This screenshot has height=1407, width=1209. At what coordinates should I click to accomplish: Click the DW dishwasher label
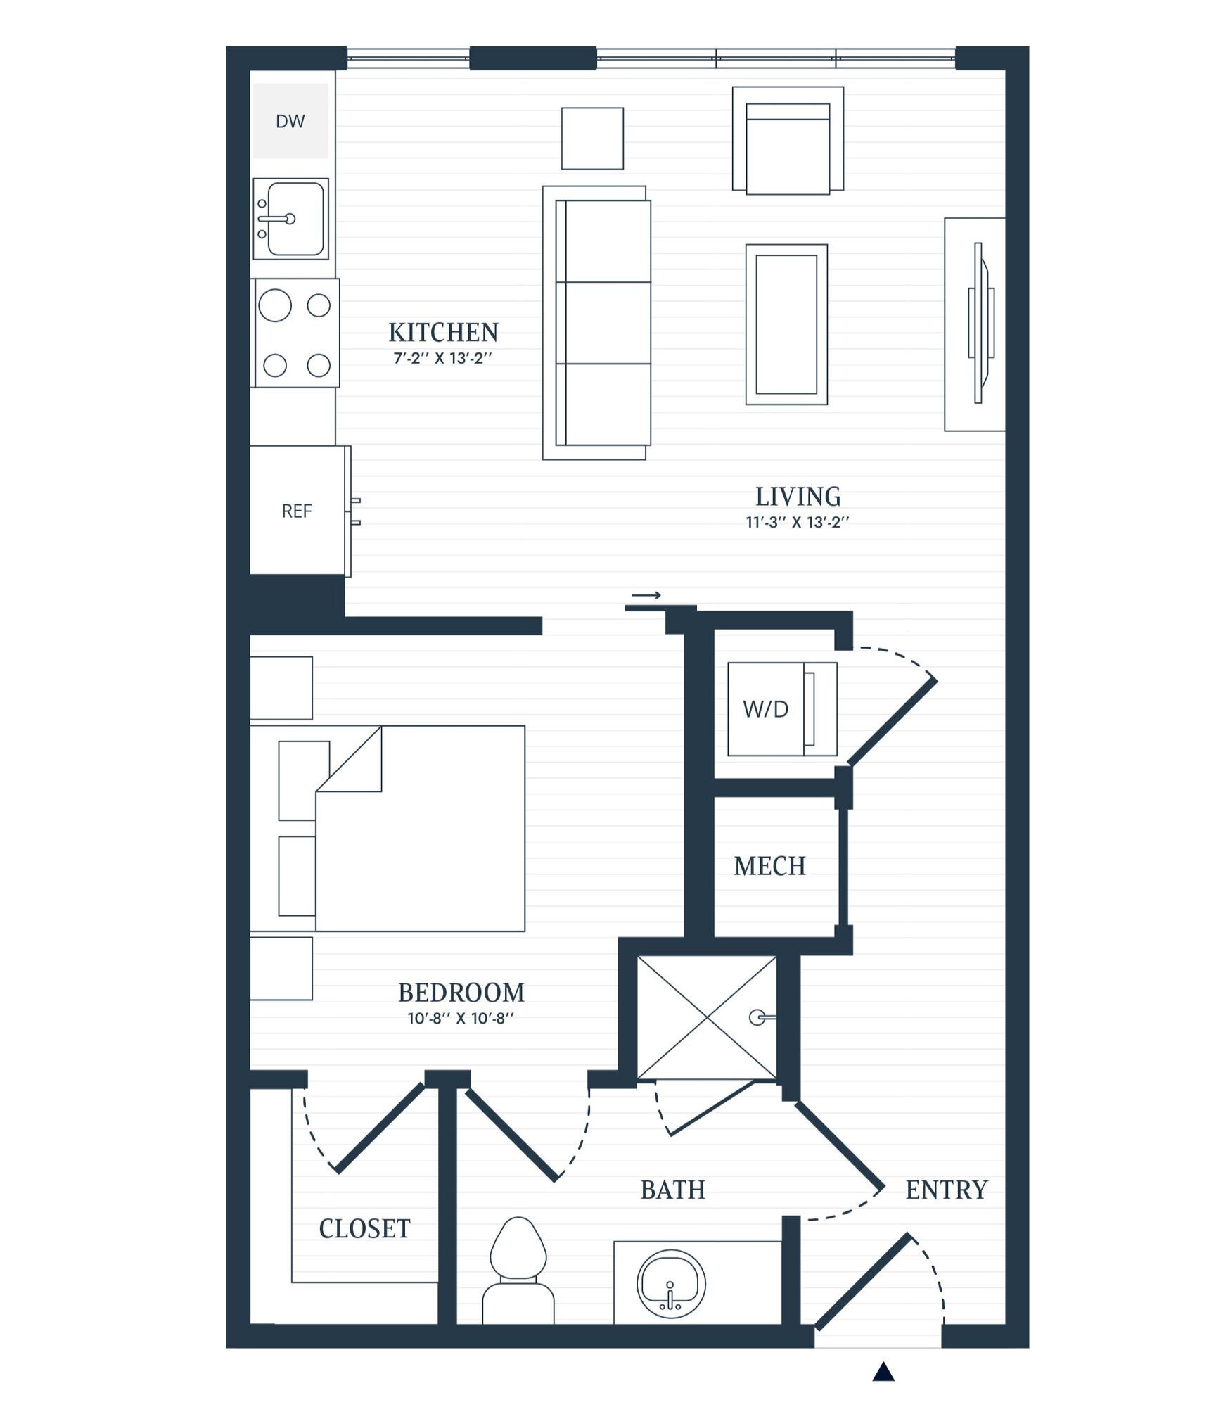[x=290, y=122]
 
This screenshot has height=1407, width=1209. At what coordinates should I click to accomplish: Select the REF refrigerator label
[x=296, y=511]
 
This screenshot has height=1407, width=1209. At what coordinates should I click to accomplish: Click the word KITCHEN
[x=443, y=332]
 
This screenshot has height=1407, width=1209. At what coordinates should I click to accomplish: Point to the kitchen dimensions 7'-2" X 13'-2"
[x=442, y=358]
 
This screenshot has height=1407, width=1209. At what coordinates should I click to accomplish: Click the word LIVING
[x=798, y=497]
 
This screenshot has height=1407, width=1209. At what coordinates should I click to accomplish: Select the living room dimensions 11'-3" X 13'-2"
[x=798, y=523]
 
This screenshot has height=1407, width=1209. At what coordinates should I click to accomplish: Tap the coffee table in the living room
[x=786, y=324]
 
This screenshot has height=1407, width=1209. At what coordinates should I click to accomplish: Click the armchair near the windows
[x=788, y=140]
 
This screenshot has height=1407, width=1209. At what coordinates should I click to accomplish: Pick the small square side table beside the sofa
[x=592, y=139]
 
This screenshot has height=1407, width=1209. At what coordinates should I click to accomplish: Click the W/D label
[x=765, y=709]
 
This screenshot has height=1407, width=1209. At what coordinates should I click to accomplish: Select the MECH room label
[x=769, y=866]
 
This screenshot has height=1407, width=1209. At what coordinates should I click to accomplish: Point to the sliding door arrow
[x=646, y=596]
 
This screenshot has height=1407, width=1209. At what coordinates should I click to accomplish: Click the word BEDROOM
[x=461, y=993]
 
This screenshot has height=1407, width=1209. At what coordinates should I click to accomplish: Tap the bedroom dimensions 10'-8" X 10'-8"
[x=461, y=1018]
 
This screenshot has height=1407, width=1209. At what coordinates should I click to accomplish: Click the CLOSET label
[x=364, y=1228]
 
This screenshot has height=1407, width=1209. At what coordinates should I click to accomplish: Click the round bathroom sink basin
[x=671, y=1284]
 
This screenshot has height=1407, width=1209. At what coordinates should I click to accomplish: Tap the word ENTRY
[x=946, y=1190]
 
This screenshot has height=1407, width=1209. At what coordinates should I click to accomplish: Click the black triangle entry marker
[x=883, y=1372]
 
